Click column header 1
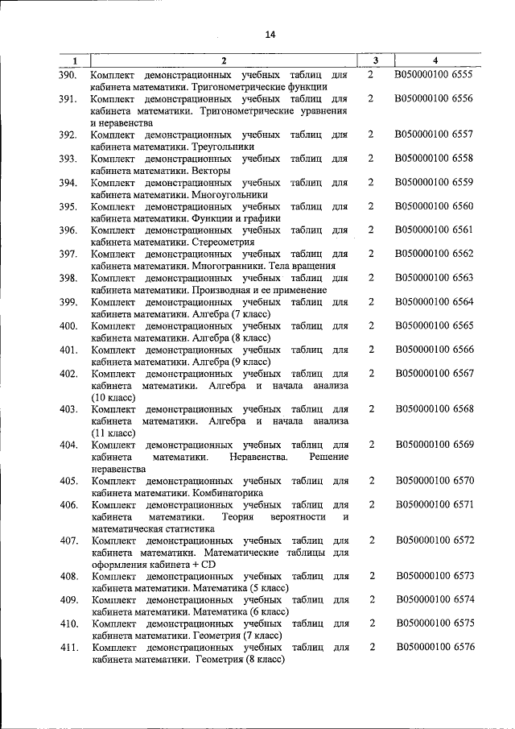(74, 61)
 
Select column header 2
(224, 61)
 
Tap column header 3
(376, 61)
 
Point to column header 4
(435, 61)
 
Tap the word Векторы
(212, 171)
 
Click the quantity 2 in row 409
(372, 599)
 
